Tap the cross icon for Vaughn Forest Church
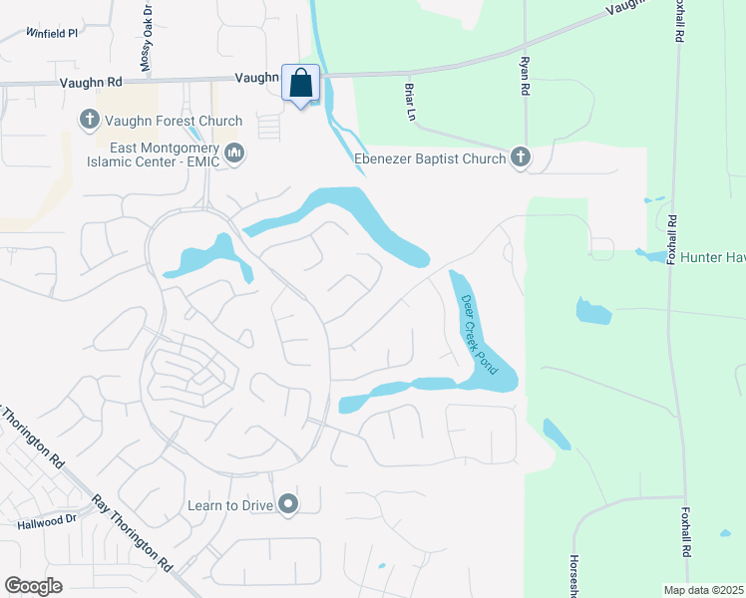(89, 121)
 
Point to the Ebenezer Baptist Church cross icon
(520, 156)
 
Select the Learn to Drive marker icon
(288, 505)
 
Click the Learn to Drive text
(230, 505)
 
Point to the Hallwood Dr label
(46, 520)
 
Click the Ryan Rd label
(523, 75)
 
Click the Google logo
(33, 586)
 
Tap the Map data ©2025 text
(703, 589)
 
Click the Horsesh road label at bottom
(574, 577)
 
